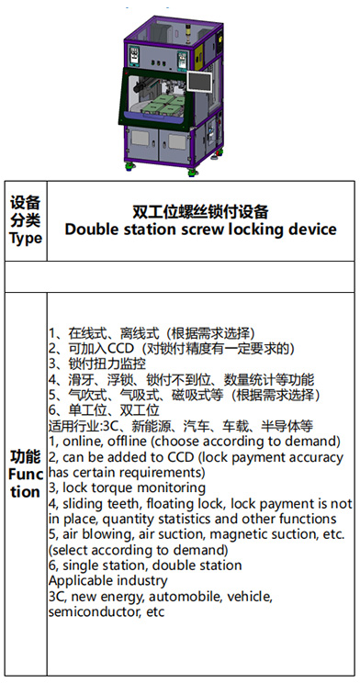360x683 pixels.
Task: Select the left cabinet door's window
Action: click(x=140, y=139)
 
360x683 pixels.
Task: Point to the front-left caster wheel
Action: click(x=129, y=164)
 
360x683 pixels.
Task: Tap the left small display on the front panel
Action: click(x=134, y=54)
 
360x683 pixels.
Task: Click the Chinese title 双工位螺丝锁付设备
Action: click(x=200, y=212)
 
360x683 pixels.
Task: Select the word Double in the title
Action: click(x=91, y=230)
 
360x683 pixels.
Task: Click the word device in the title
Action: click(x=314, y=230)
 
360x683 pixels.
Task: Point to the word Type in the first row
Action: click(x=26, y=239)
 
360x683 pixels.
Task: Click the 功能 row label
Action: click(x=26, y=457)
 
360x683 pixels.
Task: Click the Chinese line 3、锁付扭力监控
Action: click(x=97, y=364)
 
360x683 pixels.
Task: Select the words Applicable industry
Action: click(x=108, y=581)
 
